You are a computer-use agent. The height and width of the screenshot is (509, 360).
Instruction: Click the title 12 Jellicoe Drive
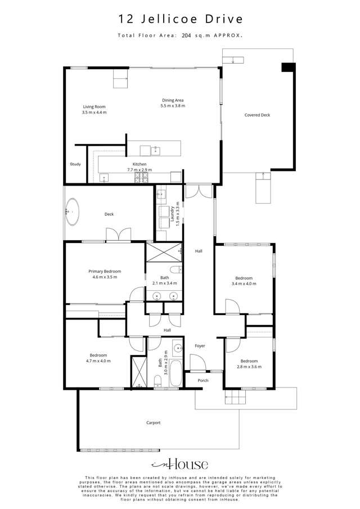[180, 19]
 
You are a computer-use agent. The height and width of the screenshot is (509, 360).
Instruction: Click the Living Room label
[94, 106]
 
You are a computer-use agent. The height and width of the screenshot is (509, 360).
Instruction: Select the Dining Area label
[173, 100]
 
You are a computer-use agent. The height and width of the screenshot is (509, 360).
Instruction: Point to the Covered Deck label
[257, 115]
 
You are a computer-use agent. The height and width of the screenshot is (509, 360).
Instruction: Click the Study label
[75, 164]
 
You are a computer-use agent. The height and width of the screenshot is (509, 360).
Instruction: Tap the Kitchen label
[139, 164]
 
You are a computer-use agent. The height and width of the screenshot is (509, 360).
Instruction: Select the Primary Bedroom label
[105, 271]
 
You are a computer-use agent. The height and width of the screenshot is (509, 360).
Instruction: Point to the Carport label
[154, 422]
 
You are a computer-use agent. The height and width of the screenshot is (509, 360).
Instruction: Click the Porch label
[203, 380]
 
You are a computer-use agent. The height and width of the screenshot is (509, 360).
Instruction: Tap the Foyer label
[200, 345]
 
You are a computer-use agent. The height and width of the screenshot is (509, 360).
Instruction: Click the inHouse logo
[180, 464]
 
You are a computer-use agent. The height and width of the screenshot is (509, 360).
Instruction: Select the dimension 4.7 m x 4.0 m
[98, 361]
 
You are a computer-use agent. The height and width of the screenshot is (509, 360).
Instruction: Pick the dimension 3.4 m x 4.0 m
[244, 283]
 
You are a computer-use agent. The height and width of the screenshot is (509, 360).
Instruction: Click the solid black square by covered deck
[288, 67]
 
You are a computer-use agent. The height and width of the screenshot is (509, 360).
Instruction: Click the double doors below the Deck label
[118, 234]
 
